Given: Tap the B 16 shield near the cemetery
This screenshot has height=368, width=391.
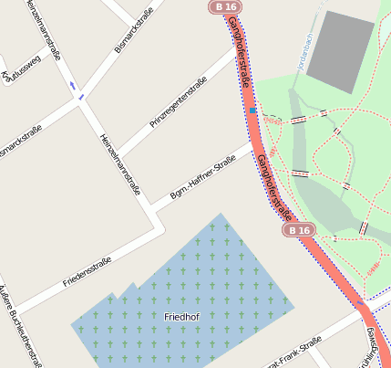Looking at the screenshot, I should coord(297,230).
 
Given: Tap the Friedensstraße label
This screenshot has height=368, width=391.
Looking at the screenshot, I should coord(87,271).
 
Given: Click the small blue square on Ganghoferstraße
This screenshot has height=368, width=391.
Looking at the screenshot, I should coord(252,110).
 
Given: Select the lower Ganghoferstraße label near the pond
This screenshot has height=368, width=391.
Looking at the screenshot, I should coord(273,187).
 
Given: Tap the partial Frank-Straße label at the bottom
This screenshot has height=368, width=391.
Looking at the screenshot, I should coord(292,354).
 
